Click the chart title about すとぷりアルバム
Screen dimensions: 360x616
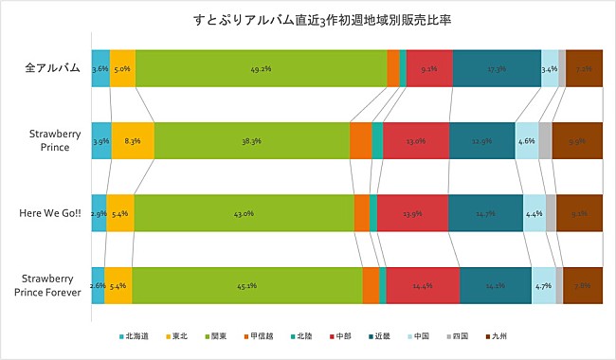coord(308,21)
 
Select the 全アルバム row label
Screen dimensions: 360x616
coord(52,69)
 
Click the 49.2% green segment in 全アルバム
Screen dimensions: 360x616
coord(261,69)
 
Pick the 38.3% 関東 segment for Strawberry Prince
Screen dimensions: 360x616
coord(251,141)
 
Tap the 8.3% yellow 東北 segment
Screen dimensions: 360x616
coord(133,141)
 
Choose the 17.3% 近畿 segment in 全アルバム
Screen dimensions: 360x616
coord(497,69)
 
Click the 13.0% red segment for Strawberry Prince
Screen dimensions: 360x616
coord(416,141)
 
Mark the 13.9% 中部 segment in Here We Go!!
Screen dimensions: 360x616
coord(412,214)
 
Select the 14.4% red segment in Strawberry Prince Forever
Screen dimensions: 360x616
coord(423,286)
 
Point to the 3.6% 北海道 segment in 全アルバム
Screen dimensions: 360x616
coord(100,69)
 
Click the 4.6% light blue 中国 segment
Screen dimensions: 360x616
coord(526,141)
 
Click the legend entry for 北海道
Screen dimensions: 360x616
coord(138,336)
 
